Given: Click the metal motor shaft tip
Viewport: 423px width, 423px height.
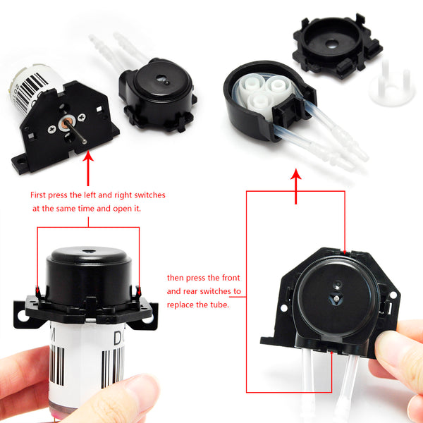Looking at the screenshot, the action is click(85, 142).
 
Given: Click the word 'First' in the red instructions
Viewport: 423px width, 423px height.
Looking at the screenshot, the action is click(38, 195).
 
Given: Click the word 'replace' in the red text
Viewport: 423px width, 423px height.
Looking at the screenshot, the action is click(180, 305).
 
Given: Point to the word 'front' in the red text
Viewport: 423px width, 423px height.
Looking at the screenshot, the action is click(231, 278).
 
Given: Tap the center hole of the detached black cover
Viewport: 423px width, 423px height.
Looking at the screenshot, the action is click(332, 44).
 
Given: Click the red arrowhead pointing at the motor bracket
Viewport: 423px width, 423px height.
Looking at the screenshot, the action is click(88, 156).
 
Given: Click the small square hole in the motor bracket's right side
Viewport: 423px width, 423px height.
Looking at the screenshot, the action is click(99, 109).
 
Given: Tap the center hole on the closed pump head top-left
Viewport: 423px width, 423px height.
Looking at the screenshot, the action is click(162, 79).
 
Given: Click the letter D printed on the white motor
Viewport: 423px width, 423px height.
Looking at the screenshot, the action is click(118, 338).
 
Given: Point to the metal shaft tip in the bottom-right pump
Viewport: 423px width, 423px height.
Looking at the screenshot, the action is click(336, 299).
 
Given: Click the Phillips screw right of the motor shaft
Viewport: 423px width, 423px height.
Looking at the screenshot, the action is click(82, 117).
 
